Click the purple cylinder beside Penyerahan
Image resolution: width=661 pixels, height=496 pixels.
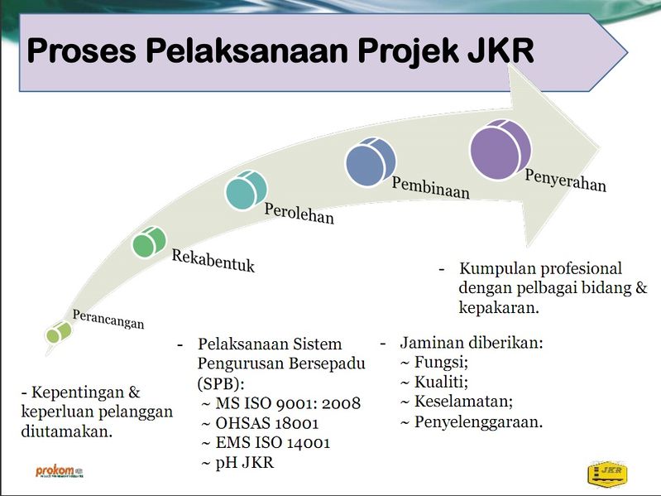(x=501, y=150)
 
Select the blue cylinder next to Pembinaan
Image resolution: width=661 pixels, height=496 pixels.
(x=371, y=161)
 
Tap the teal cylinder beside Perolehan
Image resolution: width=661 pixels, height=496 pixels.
(x=247, y=190)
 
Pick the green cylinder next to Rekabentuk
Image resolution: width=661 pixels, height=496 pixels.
(x=149, y=242)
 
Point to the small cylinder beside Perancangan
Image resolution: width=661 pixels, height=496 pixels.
(x=59, y=332)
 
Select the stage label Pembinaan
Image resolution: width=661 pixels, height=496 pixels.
(x=430, y=187)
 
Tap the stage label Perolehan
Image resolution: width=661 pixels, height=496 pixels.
(x=299, y=214)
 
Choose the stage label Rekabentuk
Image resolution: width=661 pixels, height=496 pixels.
(x=213, y=261)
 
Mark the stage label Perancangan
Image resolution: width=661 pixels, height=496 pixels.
(x=108, y=319)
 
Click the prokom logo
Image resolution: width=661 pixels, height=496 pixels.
(x=60, y=471)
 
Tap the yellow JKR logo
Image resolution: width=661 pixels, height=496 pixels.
(x=607, y=472)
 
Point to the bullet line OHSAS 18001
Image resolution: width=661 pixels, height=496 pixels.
(x=260, y=422)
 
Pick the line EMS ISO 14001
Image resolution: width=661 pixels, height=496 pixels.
(x=266, y=442)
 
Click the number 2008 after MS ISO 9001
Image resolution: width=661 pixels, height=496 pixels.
(x=341, y=403)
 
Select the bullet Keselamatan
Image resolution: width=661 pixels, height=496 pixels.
(x=457, y=401)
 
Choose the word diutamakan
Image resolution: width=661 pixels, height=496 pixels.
(x=67, y=431)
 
